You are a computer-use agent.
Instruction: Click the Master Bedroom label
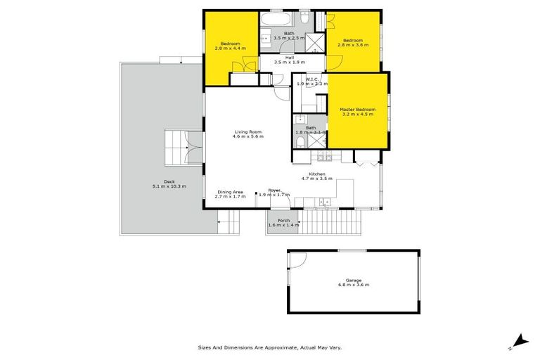(357, 110)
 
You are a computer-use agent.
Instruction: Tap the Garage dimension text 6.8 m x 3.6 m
(353, 285)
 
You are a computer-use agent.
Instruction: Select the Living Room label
(247, 131)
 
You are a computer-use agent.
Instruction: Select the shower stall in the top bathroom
(319, 41)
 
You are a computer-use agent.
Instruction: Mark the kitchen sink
(324, 202)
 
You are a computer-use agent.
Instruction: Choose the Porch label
(283, 221)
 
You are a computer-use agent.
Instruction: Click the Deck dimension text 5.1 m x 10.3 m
(169, 186)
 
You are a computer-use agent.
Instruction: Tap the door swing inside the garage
(296, 259)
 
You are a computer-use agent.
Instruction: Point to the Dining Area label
(231, 192)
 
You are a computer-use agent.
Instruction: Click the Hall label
(289, 58)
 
